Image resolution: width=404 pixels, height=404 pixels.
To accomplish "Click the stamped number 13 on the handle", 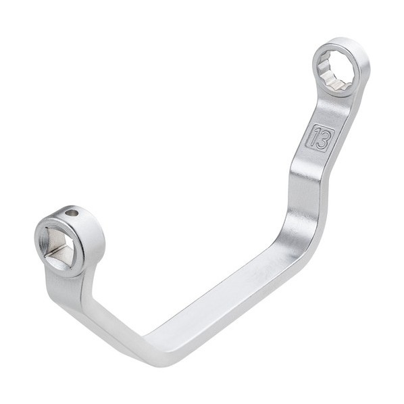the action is point(320,138).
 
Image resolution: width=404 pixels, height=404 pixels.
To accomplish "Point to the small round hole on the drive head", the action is point(72,213).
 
